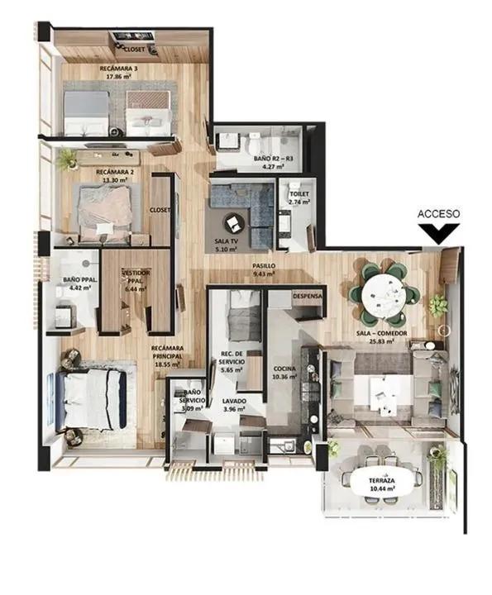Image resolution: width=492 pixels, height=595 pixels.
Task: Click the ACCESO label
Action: [438, 213]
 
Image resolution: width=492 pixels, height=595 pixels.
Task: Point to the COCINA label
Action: [284, 370]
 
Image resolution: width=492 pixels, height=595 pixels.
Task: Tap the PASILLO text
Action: [264, 266]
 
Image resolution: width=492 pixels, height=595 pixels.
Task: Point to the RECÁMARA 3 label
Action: [117, 69]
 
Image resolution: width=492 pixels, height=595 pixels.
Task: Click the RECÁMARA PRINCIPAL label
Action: [166, 352]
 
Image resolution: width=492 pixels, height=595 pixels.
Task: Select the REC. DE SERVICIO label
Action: [231, 359]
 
